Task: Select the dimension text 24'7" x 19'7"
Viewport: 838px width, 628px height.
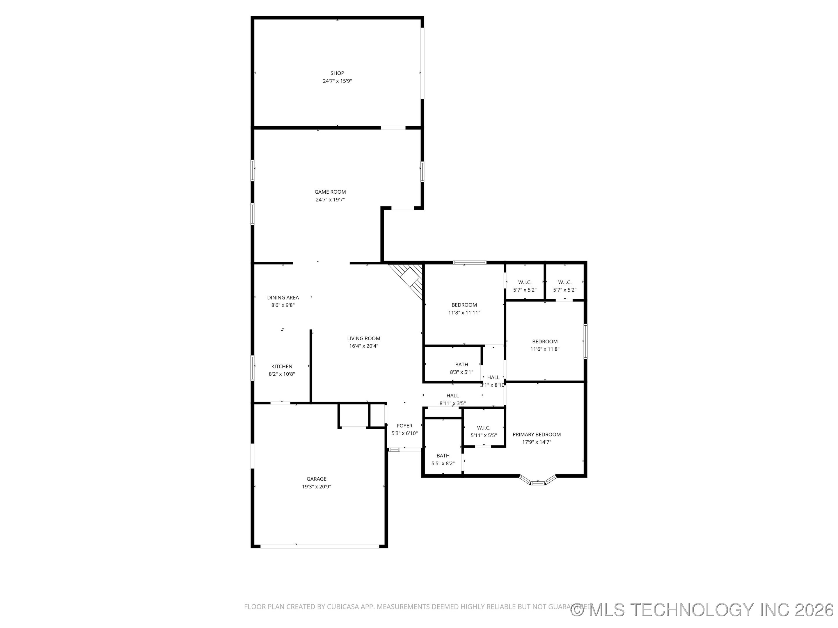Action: (330, 199)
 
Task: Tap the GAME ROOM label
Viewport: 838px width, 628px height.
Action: (330, 192)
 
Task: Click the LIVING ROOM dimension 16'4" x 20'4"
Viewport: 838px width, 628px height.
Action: (363, 346)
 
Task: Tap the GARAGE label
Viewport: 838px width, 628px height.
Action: (316, 479)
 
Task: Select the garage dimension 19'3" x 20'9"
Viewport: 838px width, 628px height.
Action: (316, 487)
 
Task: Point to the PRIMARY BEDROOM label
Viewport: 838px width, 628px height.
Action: (537, 435)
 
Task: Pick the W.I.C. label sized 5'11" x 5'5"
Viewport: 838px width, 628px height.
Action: (483, 428)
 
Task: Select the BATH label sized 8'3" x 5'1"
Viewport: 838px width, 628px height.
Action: (461, 365)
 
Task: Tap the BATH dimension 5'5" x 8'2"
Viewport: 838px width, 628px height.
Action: (443, 463)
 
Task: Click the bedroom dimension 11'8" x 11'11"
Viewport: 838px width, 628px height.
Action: (464, 313)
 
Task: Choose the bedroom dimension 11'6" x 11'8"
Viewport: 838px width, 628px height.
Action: (545, 349)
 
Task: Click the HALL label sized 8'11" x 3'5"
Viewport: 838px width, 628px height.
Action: (452, 396)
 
